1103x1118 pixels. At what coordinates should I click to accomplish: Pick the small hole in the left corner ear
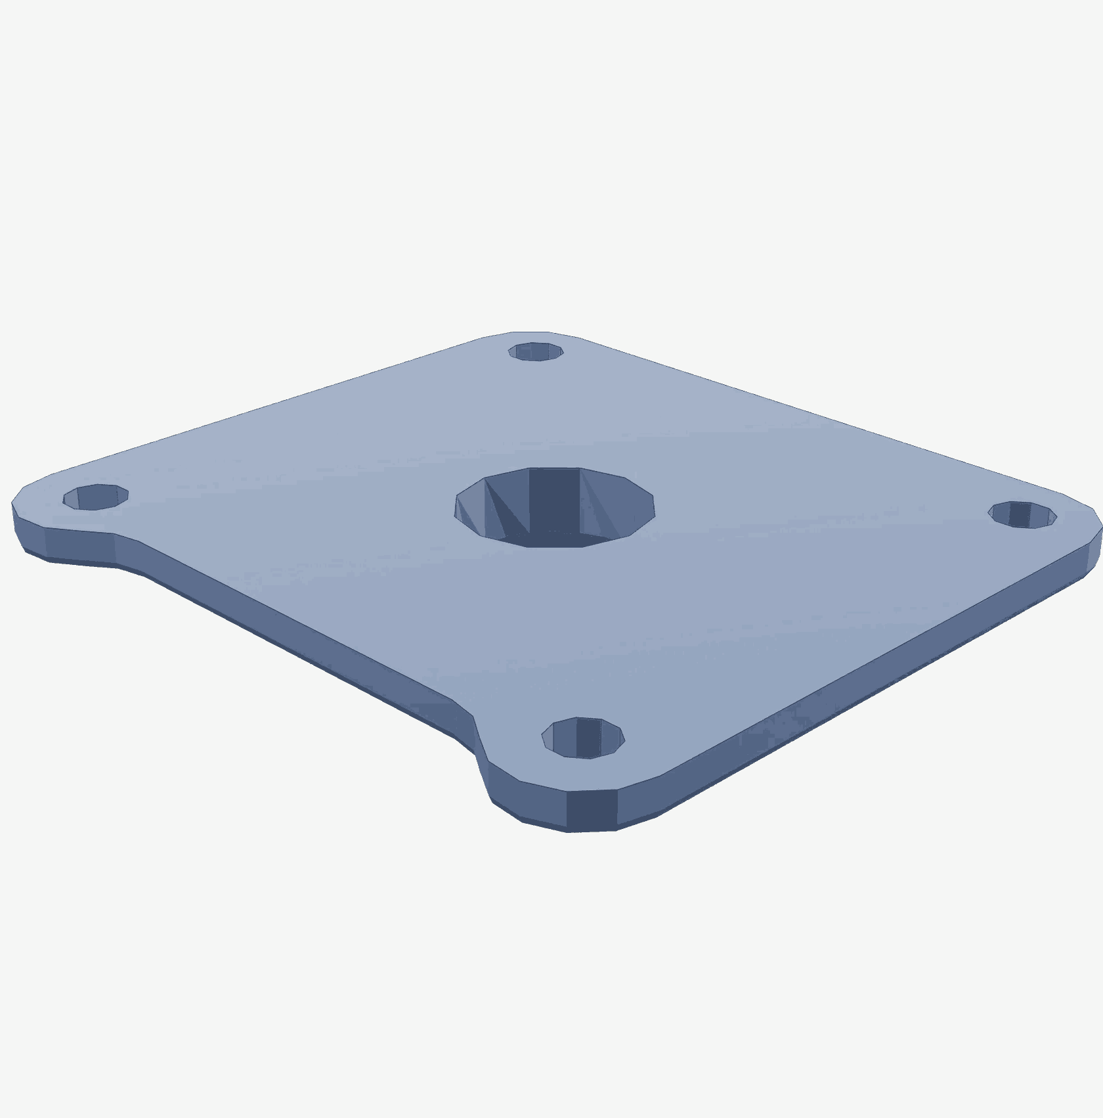pos(95,497)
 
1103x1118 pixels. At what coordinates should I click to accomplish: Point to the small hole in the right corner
pos(1022,514)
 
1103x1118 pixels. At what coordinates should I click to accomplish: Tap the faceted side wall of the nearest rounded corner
pos(591,811)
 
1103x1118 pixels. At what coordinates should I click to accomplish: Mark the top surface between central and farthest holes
pos(545,414)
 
